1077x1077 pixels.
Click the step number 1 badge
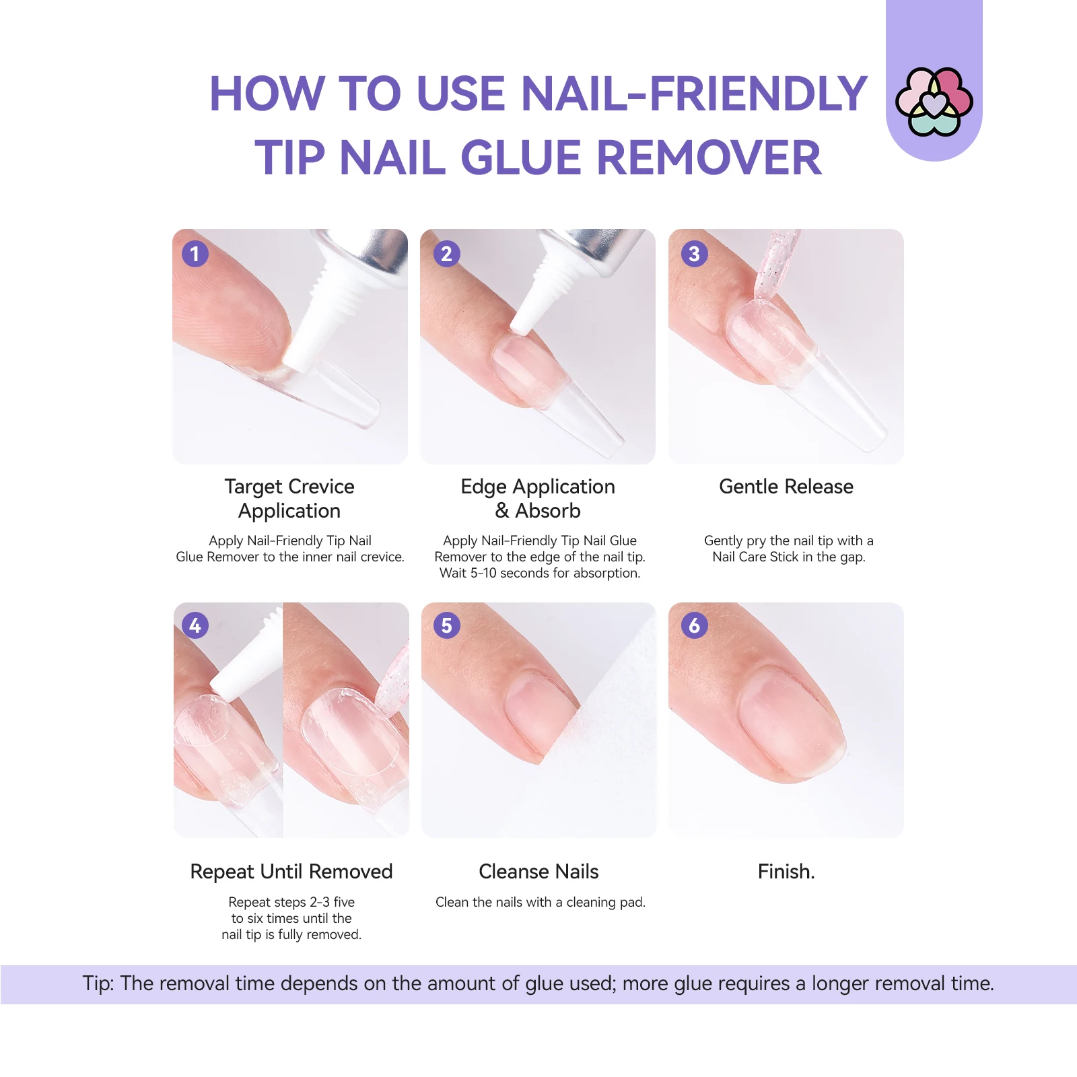click(195, 254)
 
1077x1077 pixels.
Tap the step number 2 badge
click(446, 254)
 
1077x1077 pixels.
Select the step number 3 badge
click(694, 254)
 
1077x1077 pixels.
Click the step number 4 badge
click(195, 625)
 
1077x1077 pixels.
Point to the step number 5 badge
click(446, 625)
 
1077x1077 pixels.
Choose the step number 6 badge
click(694, 625)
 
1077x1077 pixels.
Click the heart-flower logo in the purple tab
click(934, 102)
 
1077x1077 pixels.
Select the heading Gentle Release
click(786, 487)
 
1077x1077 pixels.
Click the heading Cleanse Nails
click(538, 872)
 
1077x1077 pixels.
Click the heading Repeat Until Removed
click(291, 872)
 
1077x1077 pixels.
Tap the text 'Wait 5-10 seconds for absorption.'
click(539, 574)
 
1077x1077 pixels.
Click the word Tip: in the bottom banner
click(98, 983)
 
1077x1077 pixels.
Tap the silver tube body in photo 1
click(377, 252)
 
